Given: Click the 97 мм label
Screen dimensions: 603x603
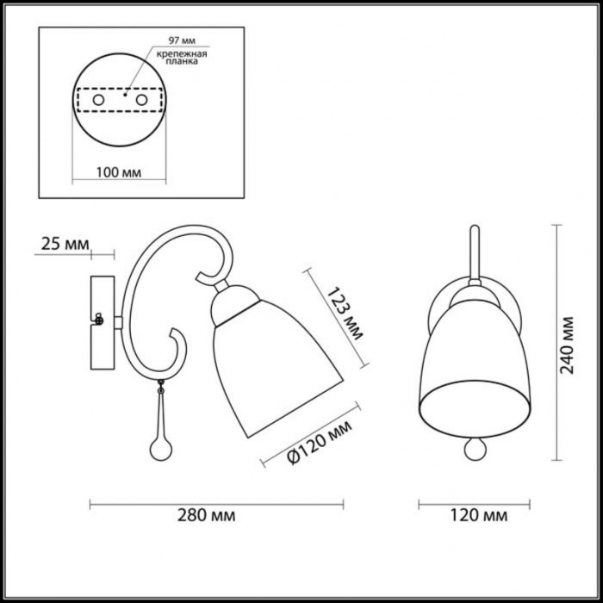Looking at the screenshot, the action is click(182, 40).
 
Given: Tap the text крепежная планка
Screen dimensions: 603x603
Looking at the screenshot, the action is click(182, 58).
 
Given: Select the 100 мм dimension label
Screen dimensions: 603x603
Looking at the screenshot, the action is click(119, 172).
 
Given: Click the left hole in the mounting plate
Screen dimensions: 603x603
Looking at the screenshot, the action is click(98, 100).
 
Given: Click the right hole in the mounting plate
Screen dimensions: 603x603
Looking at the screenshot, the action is click(141, 100).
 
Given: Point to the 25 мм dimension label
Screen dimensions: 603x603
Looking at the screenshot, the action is click(65, 244).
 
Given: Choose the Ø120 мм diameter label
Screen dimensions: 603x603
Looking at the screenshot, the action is click(320, 442).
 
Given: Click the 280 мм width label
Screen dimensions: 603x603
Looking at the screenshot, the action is click(207, 515).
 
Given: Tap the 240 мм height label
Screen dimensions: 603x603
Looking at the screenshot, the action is click(567, 345).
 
